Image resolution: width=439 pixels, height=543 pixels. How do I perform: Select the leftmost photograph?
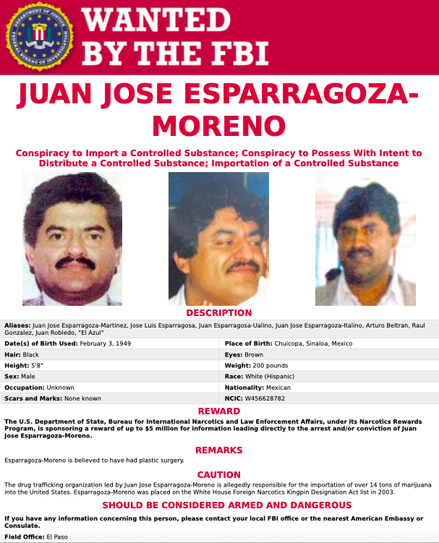click(x=72, y=239)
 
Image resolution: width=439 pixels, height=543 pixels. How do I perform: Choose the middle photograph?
click(x=218, y=239)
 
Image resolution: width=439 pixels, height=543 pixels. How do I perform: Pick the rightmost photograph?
click(x=365, y=244)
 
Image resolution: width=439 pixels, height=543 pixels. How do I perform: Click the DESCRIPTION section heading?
click(x=219, y=313)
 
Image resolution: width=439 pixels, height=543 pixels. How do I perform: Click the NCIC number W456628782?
click(x=266, y=398)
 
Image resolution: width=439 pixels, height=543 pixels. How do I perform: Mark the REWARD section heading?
click(x=219, y=411)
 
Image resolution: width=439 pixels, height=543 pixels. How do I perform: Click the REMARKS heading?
click(x=219, y=450)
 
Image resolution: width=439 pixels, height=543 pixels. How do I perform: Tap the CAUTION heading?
click(x=219, y=474)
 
